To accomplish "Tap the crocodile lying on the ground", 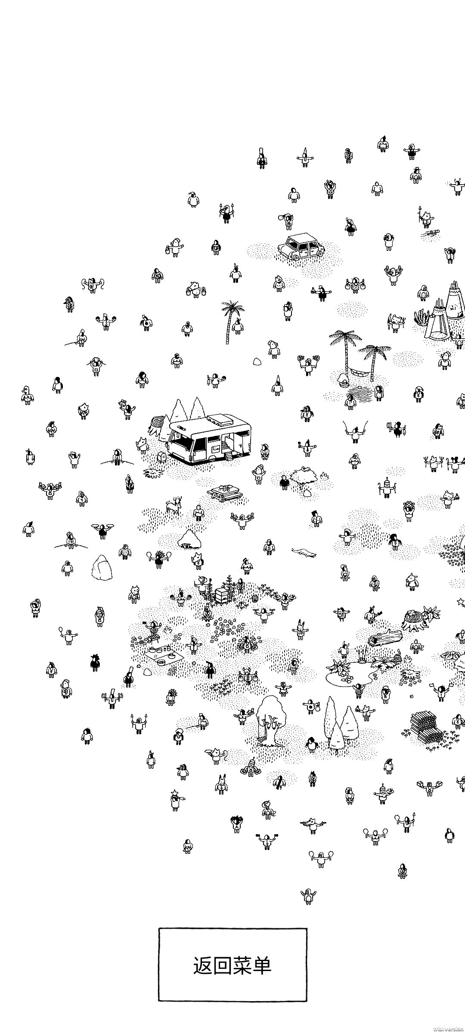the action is coord(304,553).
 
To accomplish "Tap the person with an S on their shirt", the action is coord(269,547).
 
